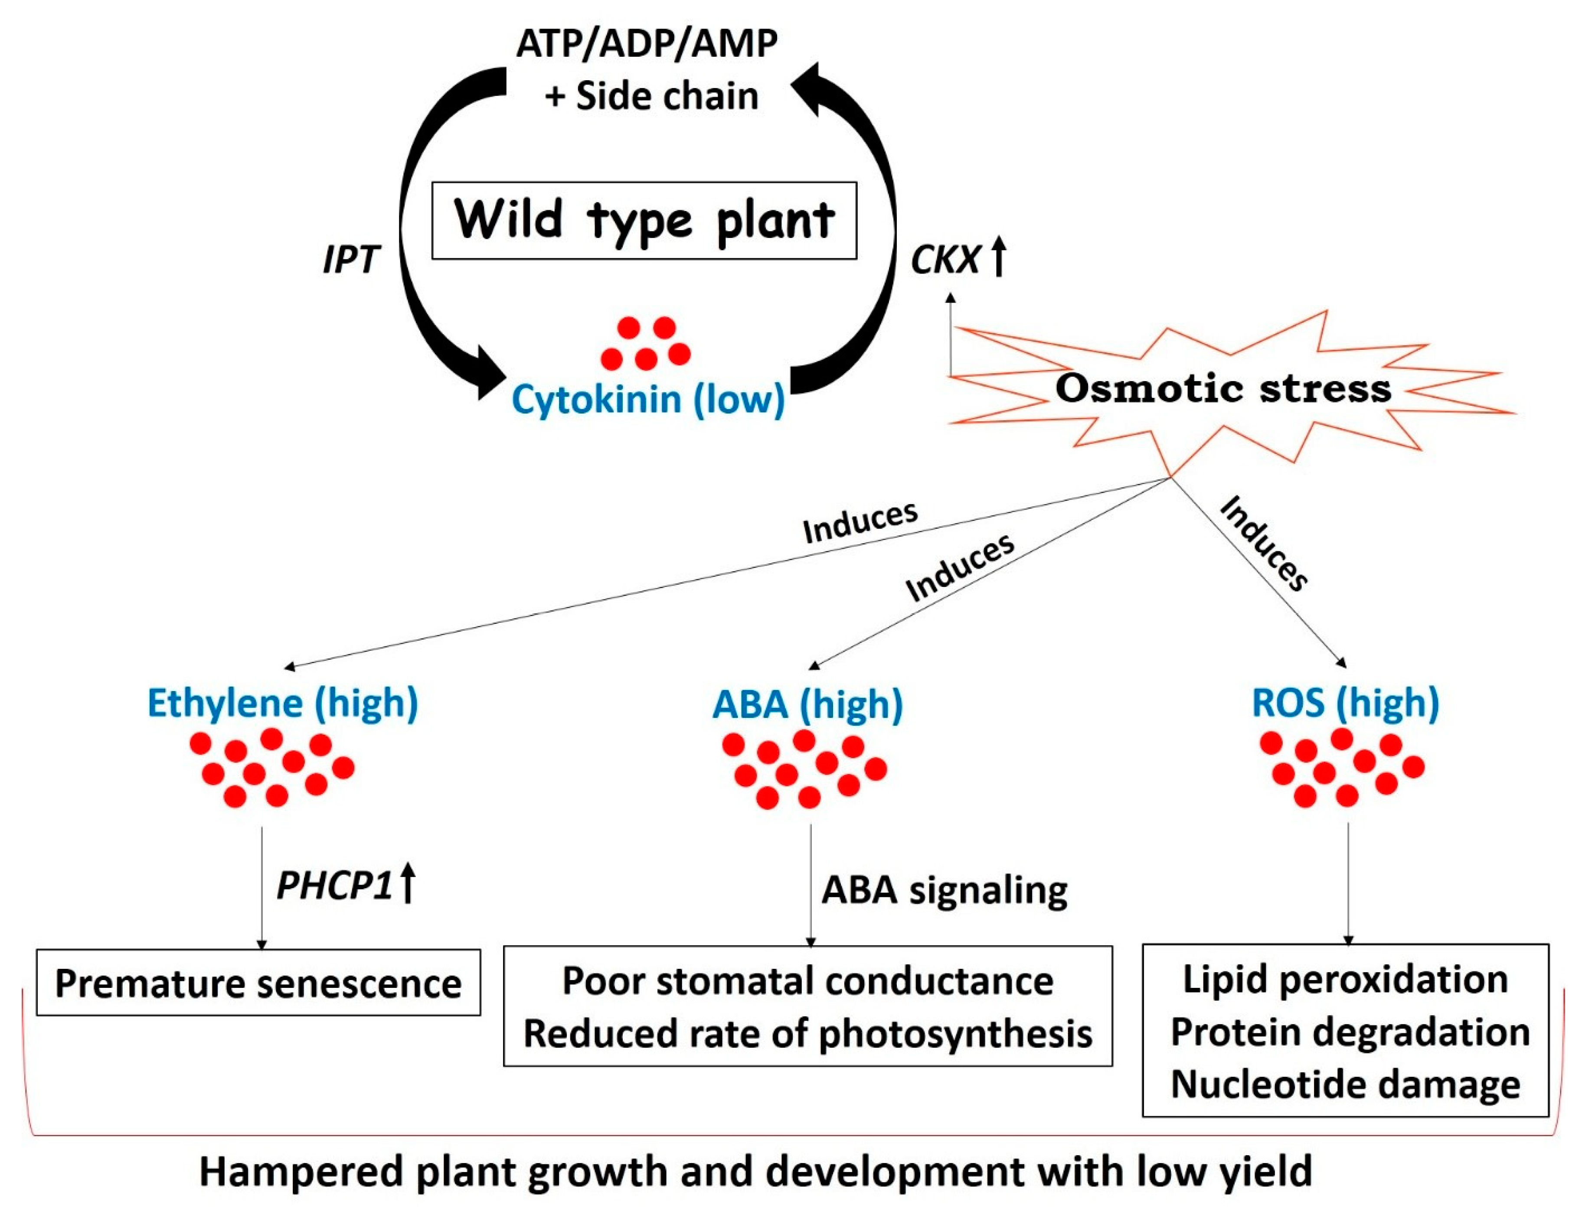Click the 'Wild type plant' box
pyautogui.click(x=644, y=221)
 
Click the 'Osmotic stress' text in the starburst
pyautogui.click(x=1222, y=388)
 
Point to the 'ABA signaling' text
pyautogui.click(x=944, y=889)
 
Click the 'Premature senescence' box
pyautogui.click(x=258, y=983)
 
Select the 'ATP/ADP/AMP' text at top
pyautogui.click(x=647, y=43)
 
